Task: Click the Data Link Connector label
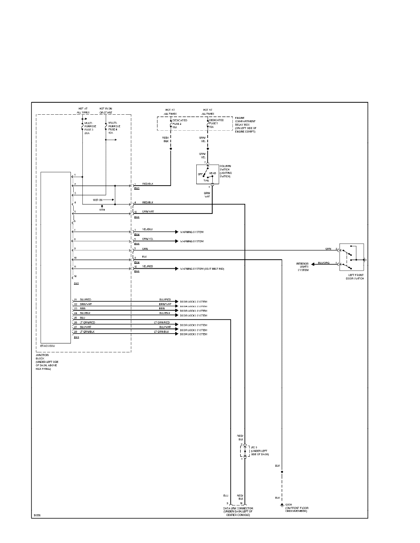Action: [x=238, y=511]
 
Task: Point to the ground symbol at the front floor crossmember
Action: [x=282, y=505]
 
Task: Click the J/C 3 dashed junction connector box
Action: [x=244, y=451]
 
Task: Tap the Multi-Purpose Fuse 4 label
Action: [x=114, y=128]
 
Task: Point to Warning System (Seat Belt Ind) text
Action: [x=202, y=269]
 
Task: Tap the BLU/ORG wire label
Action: [x=323, y=263]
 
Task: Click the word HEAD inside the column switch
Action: [x=213, y=173]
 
